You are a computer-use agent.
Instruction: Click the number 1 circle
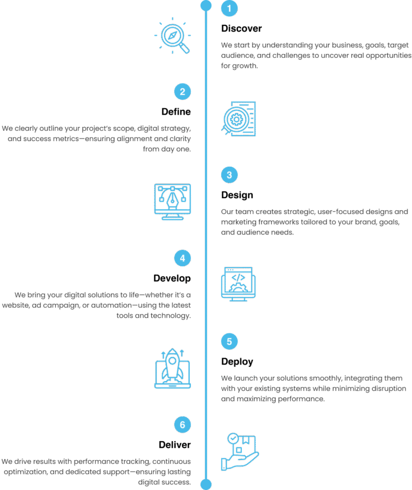click(x=229, y=9)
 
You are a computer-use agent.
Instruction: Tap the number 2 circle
click(x=182, y=92)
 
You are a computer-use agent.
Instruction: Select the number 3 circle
click(x=229, y=175)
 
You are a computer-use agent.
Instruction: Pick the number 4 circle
click(x=182, y=258)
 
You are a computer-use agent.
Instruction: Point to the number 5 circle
click(x=229, y=341)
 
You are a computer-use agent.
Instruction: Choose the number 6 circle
click(x=182, y=425)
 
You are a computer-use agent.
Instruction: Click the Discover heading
click(x=241, y=28)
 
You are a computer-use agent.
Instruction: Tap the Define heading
click(x=176, y=112)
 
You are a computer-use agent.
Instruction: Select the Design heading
click(x=237, y=195)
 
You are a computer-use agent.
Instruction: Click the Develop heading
click(x=172, y=279)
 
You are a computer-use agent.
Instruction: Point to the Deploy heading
click(x=237, y=362)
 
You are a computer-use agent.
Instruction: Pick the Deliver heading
click(x=174, y=445)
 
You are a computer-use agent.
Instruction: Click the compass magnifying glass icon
click(x=172, y=36)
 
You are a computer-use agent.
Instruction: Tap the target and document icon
click(x=239, y=118)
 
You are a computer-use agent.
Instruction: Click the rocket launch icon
click(x=172, y=369)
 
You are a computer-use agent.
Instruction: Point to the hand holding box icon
click(x=239, y=452)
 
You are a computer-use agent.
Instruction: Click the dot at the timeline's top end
click(x=206, y=5)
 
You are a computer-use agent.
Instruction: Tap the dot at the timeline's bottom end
click(x=206, y=484)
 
